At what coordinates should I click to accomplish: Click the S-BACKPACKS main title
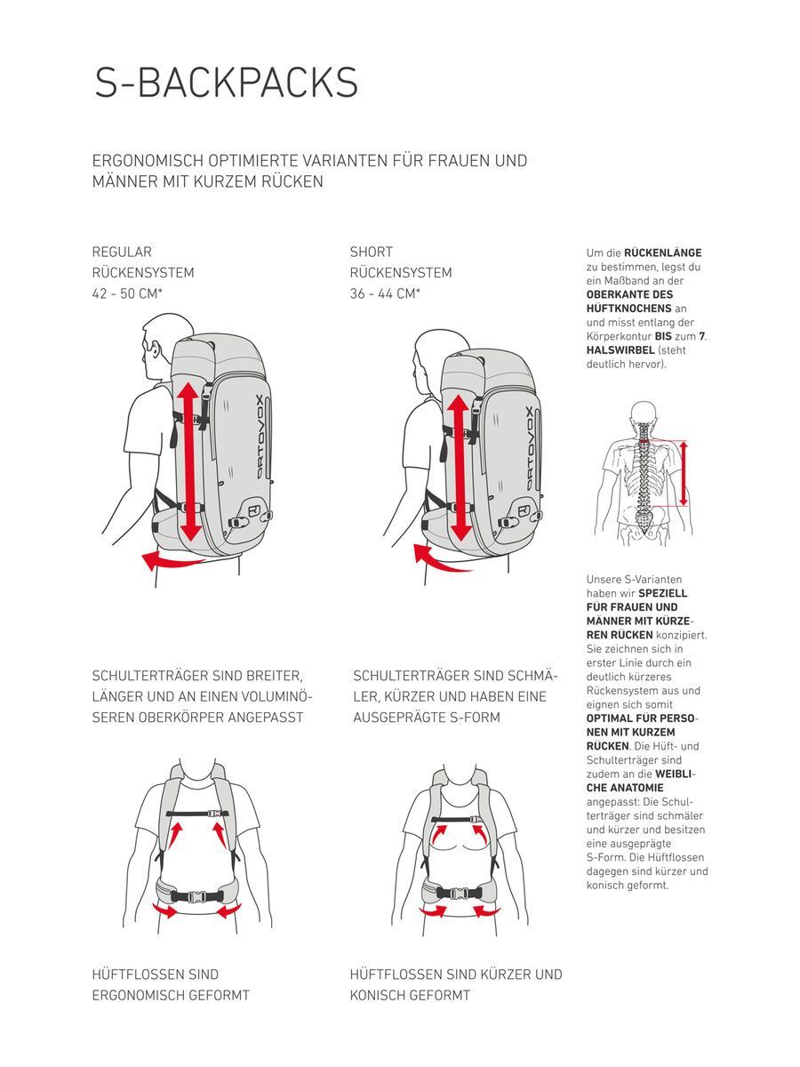click(227, 83)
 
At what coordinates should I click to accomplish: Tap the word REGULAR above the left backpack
click(122, 253)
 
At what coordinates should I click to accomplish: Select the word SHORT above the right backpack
click(371, 253)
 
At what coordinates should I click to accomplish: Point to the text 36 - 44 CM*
click(385, 293)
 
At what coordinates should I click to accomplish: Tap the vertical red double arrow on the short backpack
click(459, 468)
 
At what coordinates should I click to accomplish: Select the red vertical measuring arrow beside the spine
click(684, 472)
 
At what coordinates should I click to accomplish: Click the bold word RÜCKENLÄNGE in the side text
click(663, 253)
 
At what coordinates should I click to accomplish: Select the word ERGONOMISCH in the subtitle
click(148, 161)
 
